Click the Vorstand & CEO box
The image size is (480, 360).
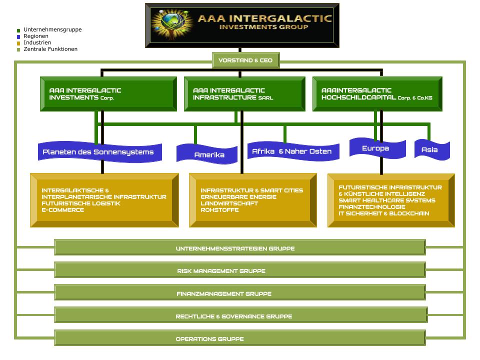pos(245,60)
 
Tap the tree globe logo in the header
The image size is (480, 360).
pos(173,25)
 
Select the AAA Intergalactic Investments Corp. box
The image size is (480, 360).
pos(108,93)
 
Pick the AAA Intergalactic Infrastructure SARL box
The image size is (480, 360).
pos(244,93)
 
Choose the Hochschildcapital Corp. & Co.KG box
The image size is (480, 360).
pos(377,93)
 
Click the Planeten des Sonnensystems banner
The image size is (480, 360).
pos(99,152)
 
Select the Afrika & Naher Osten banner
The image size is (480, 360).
pos(292,151)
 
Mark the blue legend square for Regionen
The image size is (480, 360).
pos(18,36)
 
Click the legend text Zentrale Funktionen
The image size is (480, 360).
pos(50,49)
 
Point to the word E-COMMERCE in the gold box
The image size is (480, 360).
pos(63,210)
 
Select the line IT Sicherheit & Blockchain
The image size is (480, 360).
pos(383,213)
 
